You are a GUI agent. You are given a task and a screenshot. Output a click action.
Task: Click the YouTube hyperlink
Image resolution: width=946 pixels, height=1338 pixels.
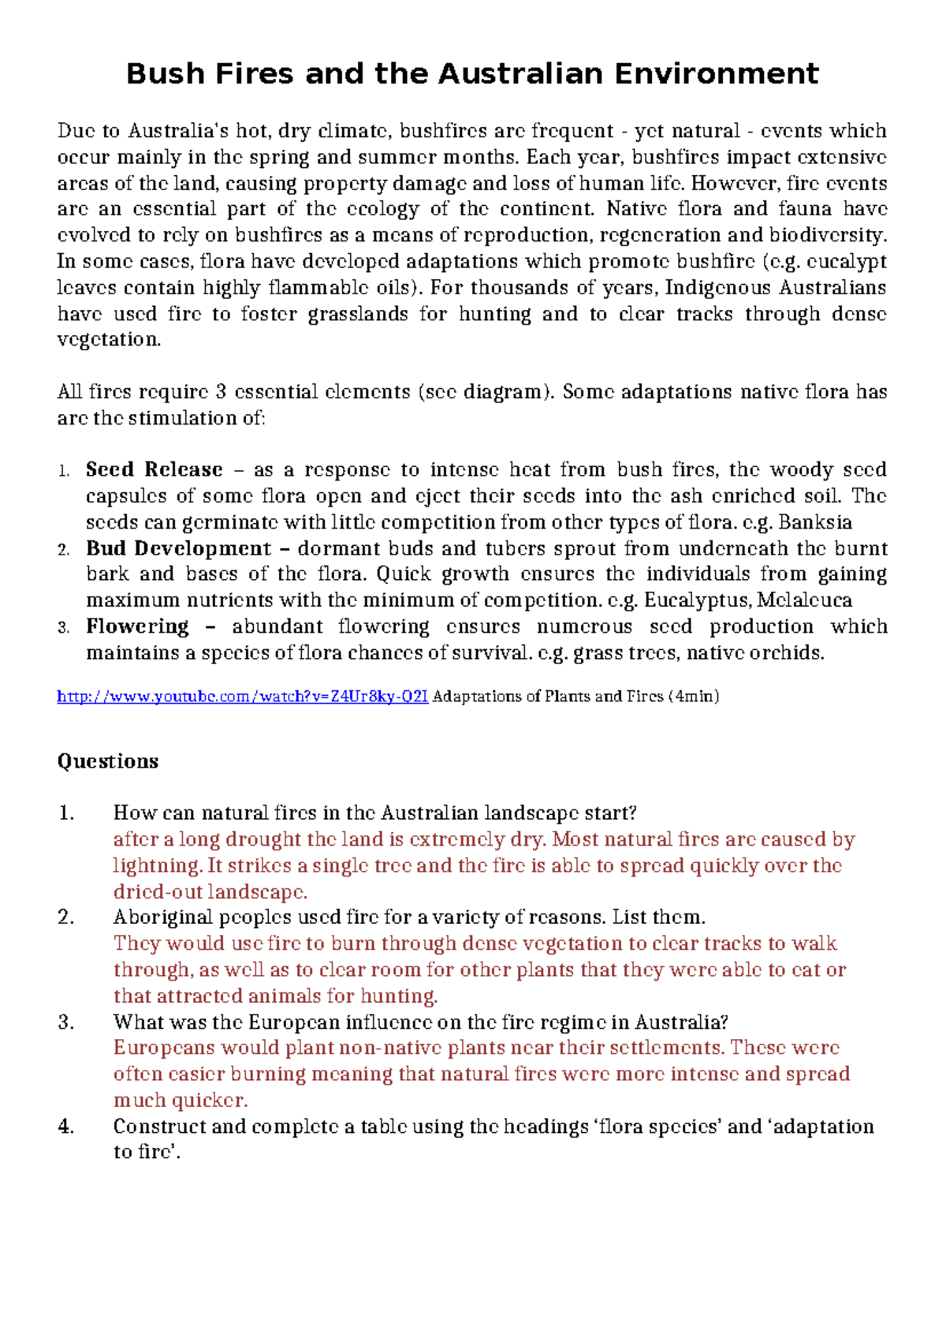click(243, 697)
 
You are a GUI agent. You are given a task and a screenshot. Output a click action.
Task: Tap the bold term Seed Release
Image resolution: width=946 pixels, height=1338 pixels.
click(155, 470)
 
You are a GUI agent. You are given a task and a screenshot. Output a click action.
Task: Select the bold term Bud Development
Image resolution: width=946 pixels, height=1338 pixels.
click(178, 548)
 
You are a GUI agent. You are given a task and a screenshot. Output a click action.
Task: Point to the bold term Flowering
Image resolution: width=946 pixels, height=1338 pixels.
click(138, 626)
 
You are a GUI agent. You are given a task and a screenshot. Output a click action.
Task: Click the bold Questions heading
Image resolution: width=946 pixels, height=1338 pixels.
click(108, 761)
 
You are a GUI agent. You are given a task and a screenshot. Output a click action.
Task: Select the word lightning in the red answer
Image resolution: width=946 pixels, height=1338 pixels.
click(157, 865)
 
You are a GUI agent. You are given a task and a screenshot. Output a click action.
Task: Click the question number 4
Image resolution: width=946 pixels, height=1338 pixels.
click(66, 1127)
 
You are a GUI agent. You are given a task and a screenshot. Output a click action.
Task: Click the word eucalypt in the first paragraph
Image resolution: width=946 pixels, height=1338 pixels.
click(847, 262)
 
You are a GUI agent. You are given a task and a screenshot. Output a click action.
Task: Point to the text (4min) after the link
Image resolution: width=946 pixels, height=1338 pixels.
click(694, 697)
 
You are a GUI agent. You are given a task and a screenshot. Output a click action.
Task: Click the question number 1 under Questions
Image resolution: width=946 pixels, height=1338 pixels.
click(66, 813)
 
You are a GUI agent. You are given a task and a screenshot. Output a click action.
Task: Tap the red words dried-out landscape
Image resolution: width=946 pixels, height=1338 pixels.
click(210, 892)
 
